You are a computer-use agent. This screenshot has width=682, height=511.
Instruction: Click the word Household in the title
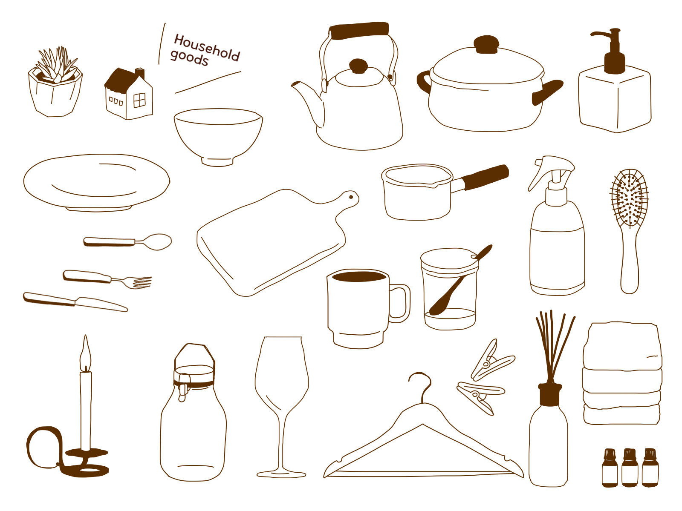pos(207,47)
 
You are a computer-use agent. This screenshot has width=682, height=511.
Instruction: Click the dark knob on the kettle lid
pos(358,66)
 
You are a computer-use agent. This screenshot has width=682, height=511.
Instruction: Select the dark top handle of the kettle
pos(359,30)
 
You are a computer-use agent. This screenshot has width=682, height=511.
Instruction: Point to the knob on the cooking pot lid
pos(486,44)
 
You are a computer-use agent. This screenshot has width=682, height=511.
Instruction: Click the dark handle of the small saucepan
pos(485,177)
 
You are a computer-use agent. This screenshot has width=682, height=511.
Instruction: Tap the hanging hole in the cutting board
pos(351,197)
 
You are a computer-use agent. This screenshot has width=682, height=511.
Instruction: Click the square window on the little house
pos(139,100)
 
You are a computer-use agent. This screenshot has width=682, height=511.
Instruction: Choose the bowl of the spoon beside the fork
pos(158,242)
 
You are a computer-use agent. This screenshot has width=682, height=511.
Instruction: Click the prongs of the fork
pos(139,282)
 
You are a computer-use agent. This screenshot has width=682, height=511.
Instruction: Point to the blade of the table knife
pos(101,304)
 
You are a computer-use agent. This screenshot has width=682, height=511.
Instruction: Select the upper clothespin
pos(492,360)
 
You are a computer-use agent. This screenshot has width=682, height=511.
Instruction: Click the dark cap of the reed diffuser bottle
pos(550,394)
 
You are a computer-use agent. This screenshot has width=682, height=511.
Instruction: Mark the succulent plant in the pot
pos(57,65)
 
